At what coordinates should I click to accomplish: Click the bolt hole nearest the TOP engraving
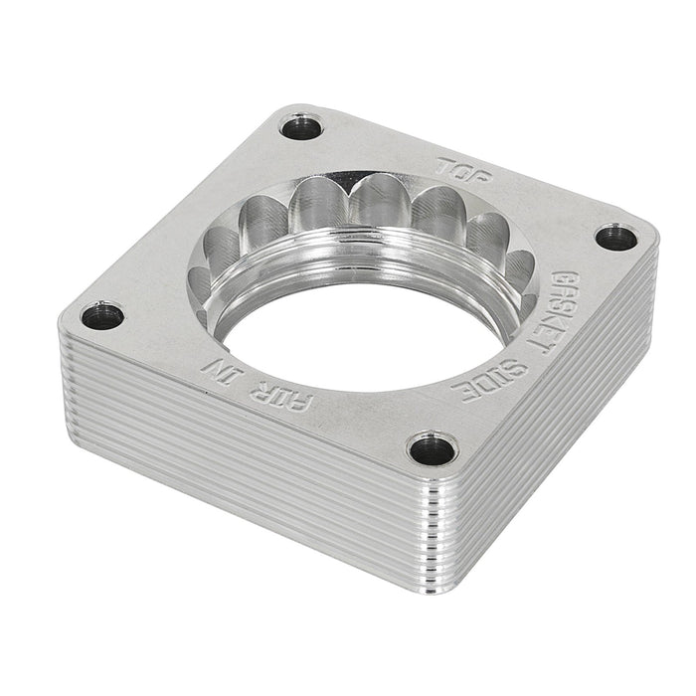tap(300, 127)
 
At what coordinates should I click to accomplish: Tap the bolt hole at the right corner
tap(616, 237)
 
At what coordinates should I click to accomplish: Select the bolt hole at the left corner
tap(101, 317)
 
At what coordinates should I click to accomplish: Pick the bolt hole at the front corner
tap(433, 448)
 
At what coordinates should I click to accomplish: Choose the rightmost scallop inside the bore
tap(516, 268)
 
